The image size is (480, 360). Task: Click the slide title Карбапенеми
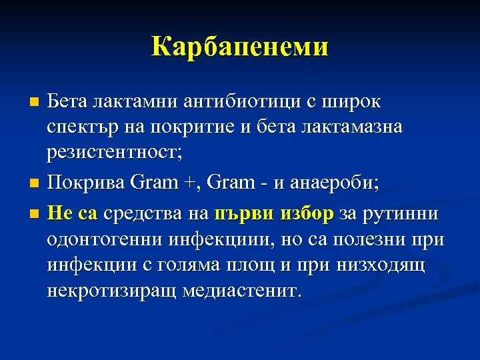click(x=240, y=47)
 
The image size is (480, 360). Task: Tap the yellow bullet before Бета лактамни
click(x=36, y=102)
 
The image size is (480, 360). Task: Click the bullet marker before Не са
click(x=36, y=215)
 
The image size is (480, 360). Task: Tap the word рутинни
click(x=399, y=214)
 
